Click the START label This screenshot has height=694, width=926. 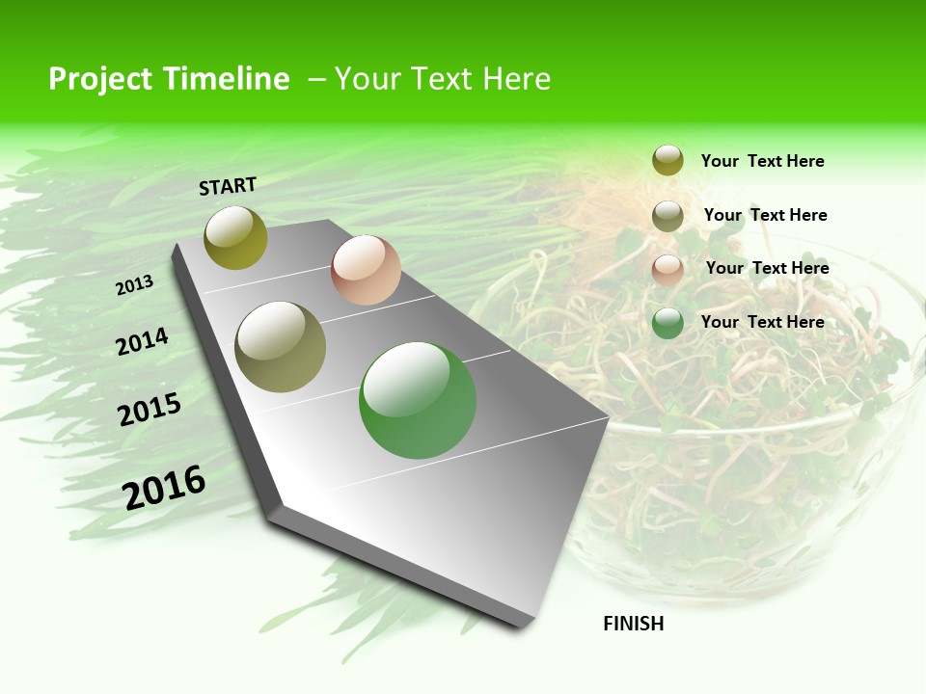[228, 186]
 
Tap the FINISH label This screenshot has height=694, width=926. [634, 624]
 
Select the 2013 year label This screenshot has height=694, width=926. [135, 285]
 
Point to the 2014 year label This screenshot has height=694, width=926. [143, 341]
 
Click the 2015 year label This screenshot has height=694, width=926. [150, 409]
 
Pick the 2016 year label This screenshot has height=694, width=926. [164, 488]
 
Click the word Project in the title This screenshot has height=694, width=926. [101, 79]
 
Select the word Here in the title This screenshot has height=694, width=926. [516, 79]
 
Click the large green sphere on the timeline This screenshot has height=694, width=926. [418, 400]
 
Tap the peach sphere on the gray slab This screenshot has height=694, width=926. [366, 270]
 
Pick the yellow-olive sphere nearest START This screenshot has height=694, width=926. [236, 237]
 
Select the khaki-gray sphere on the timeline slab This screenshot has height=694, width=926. [281, 346]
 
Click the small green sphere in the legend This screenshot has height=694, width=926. [667, 323]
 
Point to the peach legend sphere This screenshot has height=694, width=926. [667, 270]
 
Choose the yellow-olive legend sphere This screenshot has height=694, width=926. [667, 160]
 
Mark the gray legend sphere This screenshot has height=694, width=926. [667, 216]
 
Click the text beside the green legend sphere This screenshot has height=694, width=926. [762, 322]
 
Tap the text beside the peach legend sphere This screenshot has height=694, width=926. [767, 268]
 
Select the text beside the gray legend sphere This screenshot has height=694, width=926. [765, 215]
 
